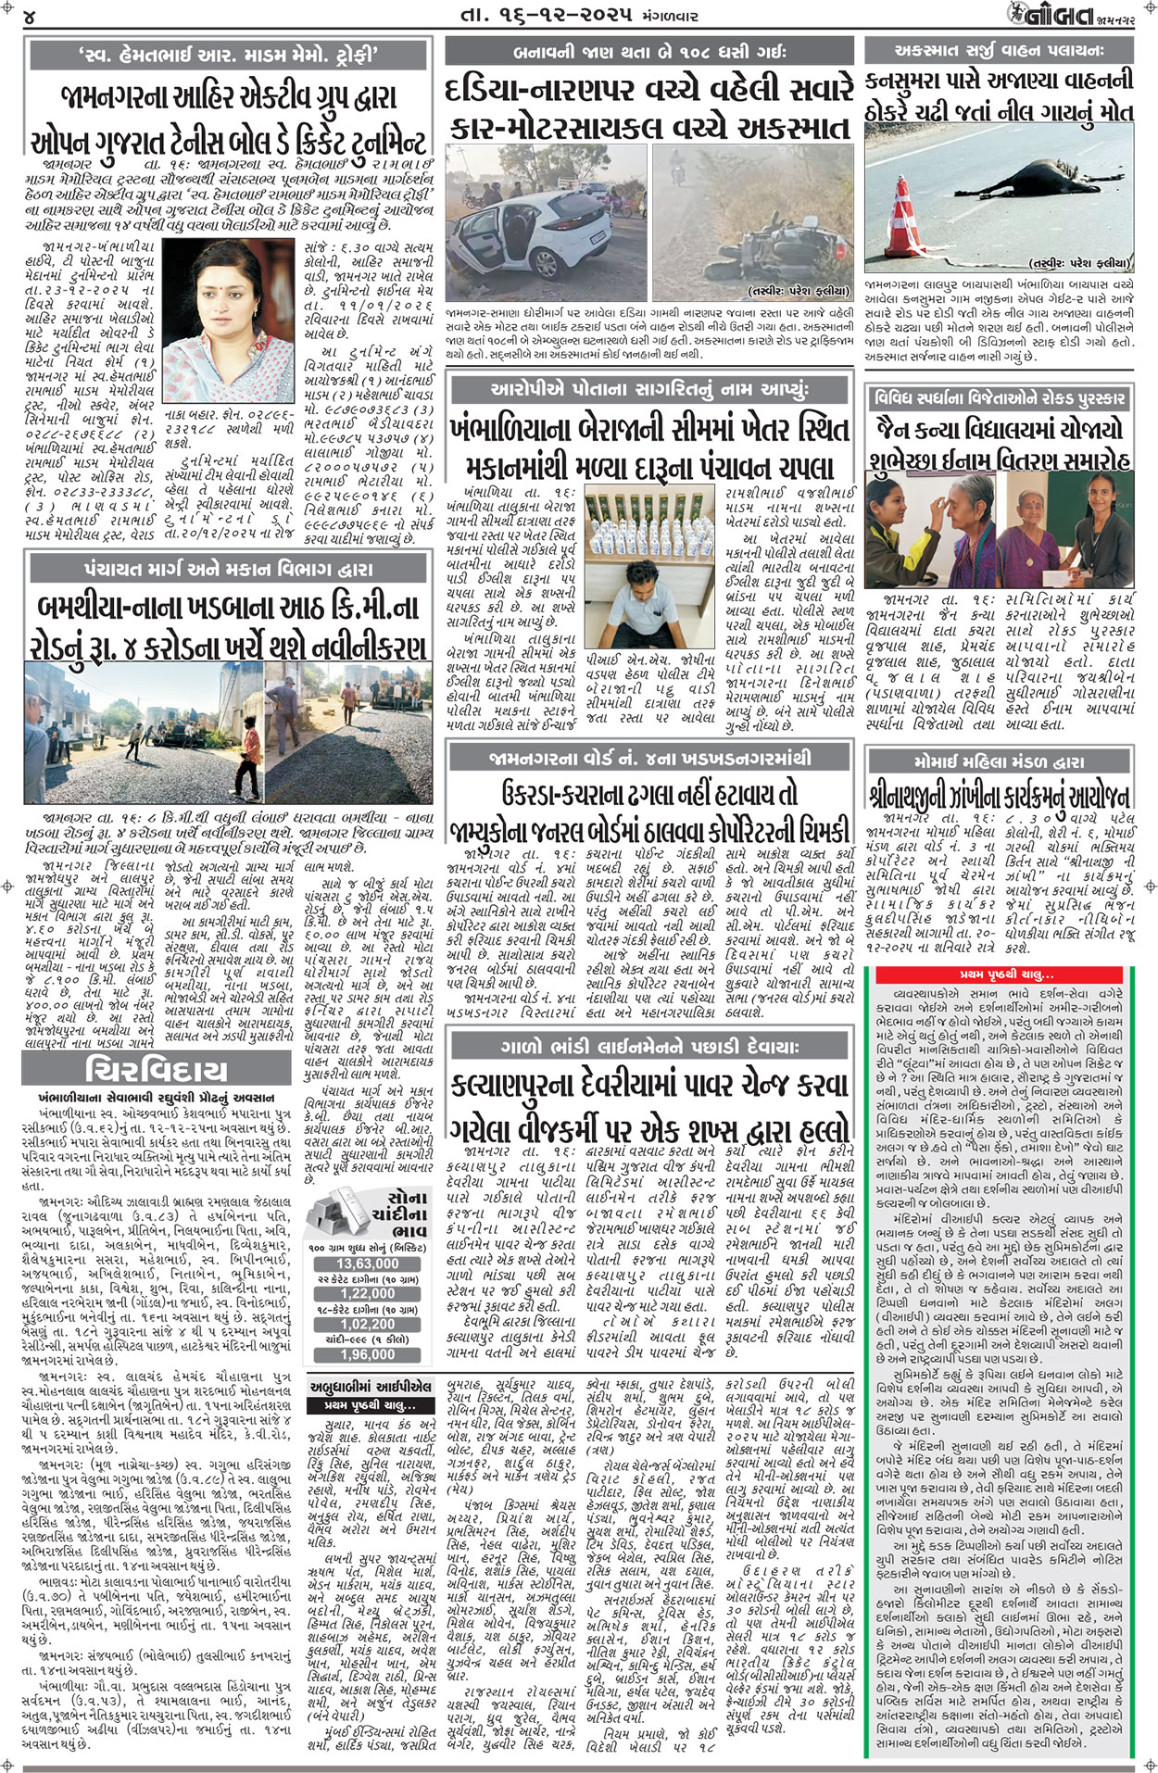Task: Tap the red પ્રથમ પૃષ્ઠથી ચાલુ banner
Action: [1001, 975]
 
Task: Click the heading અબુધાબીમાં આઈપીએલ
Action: [370, 1387]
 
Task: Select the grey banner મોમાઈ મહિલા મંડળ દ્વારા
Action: [999, 761]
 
